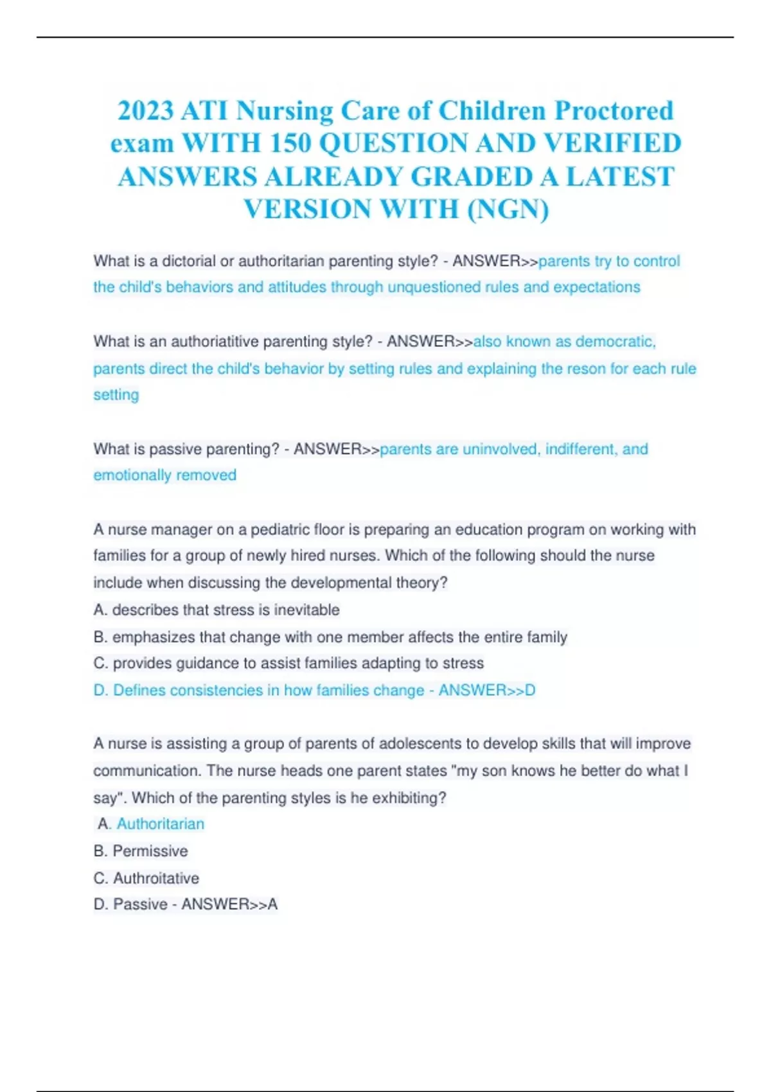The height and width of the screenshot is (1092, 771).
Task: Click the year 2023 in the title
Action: coord(145,111)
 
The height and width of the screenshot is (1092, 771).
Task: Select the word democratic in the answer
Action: coord(615,342)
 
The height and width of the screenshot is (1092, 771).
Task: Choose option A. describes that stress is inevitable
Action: coord(217,610)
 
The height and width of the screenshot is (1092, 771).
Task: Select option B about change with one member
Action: coord(330,637)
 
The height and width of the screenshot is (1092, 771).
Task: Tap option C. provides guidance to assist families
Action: coord(288,664)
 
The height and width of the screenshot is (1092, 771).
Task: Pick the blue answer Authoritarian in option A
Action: coord(160,824)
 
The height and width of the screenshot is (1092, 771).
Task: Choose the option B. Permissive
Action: coord(141,851)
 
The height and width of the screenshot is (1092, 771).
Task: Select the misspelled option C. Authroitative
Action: coord(146,878)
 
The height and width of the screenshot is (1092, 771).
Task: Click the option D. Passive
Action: coord(130,904)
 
